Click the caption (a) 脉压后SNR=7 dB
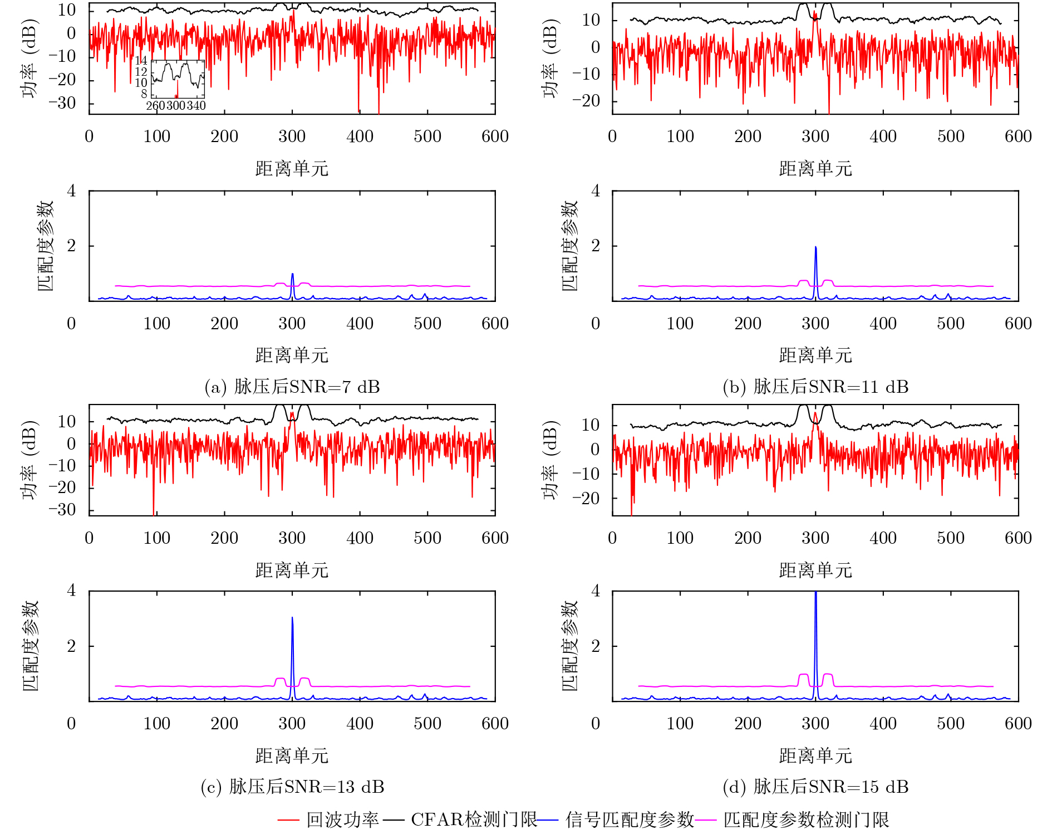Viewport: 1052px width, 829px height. (292, 387)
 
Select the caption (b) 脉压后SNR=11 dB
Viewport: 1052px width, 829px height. (815, 387)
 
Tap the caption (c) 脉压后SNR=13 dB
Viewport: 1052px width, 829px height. (292, 787)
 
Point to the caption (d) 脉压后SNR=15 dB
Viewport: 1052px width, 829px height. (815, 787)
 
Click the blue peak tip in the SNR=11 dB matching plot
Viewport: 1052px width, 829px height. (816, 247)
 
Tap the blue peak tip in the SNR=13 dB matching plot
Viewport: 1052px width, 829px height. (292, 618)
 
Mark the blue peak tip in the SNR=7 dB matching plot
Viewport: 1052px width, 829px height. (292, 274)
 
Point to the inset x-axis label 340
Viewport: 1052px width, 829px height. (196, 106)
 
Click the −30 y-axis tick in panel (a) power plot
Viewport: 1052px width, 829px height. (62, 103)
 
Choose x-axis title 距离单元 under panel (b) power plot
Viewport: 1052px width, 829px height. (815, 168)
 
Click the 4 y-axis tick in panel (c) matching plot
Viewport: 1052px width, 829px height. (71, 591)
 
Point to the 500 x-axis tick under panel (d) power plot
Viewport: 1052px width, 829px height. (951, 538)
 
